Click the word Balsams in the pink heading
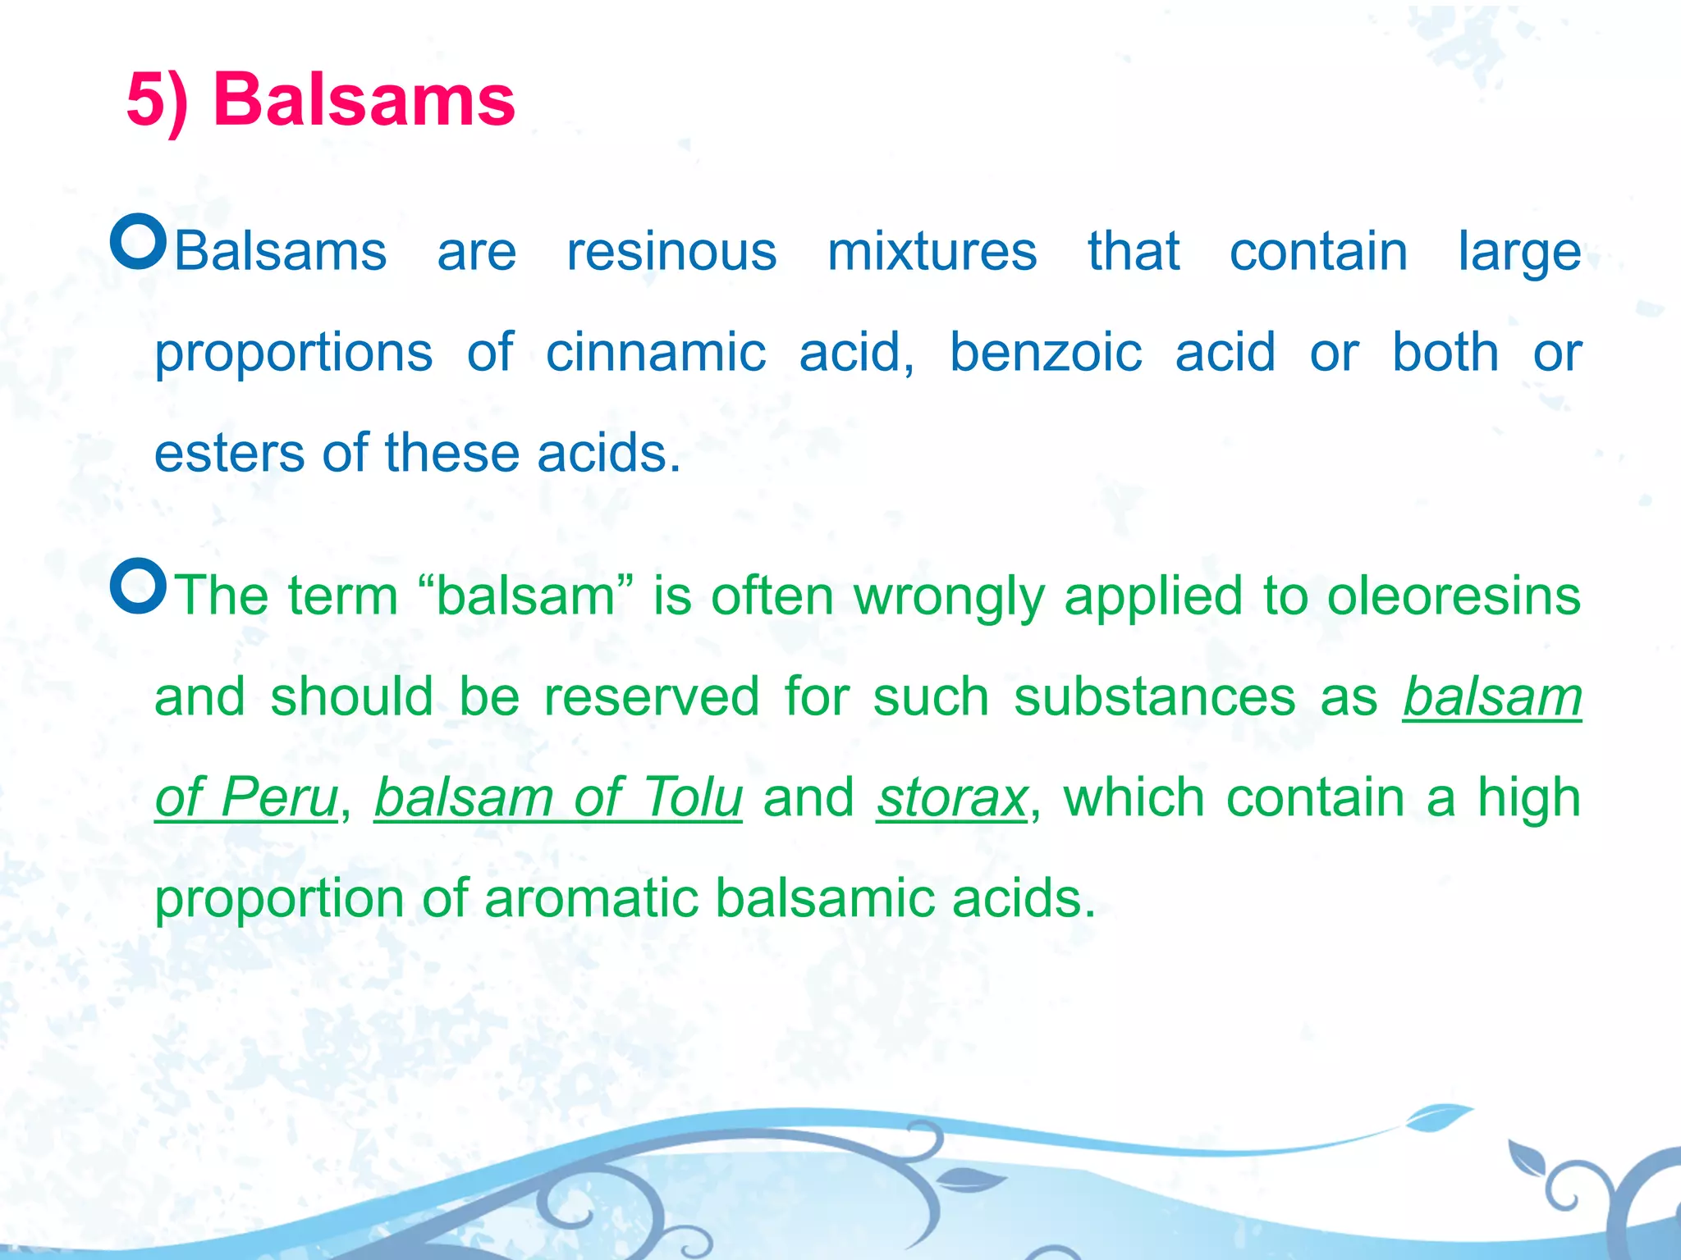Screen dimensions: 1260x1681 (364, 100)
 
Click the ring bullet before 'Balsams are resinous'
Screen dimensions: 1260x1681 (139, 242)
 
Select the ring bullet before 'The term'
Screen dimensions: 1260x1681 (139, 587)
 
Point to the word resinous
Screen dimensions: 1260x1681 (671, 251)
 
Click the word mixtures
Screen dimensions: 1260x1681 (932, 251)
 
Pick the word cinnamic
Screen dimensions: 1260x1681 (656, 353)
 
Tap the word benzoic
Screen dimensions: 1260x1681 (1046, 353)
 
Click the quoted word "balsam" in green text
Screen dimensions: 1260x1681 (525, 596)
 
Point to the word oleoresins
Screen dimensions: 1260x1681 (1454, 596)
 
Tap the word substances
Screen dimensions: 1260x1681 (1154, 697)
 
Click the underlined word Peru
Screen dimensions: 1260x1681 (279, 798)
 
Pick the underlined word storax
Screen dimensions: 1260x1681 (951, 798)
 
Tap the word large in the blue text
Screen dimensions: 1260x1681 (1518, 253)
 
